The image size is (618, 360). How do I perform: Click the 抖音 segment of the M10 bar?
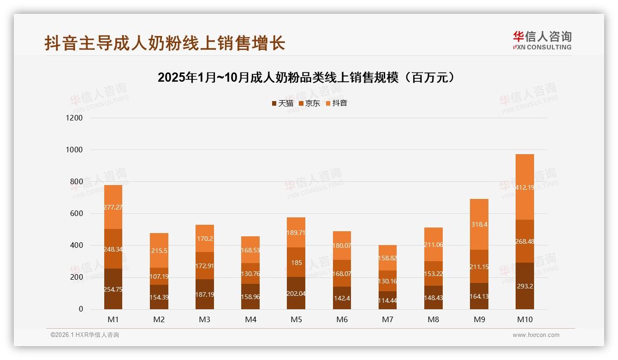(x=525, y=187)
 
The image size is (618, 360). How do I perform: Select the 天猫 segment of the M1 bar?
(x=113, y=289)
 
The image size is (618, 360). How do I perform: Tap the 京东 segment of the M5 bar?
(x=296, y=262)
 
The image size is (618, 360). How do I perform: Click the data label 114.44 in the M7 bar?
(x=387, y=300)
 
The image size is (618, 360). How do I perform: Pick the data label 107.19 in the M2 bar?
(x=159, y=276)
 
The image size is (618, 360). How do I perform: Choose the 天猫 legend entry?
(x=282, y=103)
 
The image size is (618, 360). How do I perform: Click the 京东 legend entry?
(x=309, y=103)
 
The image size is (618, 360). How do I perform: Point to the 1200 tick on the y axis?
(x=74, y=118)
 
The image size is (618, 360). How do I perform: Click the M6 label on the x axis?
(x=342, y=319)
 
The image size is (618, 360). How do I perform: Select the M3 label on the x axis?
(x=205, y=319)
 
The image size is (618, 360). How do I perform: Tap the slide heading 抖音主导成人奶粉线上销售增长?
(x=165, y=43)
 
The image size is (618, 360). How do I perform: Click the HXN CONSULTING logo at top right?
(x=542, y=41)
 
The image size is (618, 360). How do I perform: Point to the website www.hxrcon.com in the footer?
(x=536, y=335)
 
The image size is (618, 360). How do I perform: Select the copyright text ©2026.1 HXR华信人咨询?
(x=85, y=335)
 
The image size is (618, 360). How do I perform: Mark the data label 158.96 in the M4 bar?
(x=250, y=297)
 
